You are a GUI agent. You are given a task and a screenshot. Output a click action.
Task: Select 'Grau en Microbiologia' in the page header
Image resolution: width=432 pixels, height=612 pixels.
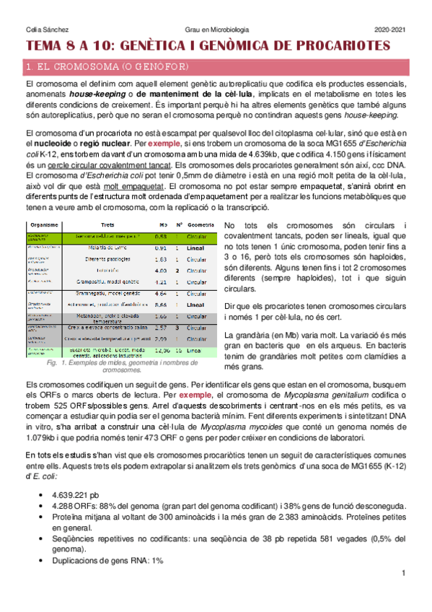click(215, 29)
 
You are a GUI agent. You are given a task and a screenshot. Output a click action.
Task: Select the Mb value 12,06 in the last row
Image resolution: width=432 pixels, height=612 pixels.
click(162, 351)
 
